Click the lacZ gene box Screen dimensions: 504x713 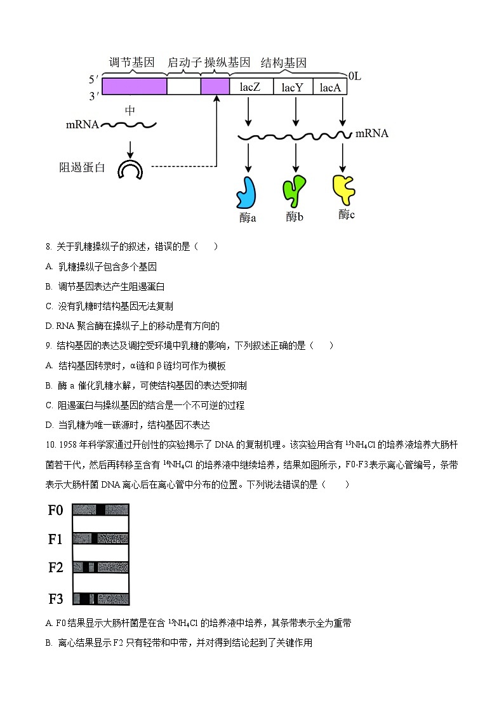pyautogui.click(x=250, y=87)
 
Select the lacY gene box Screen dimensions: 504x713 pyautogui.click(x=293, y=87)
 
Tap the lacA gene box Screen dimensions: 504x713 pyautogui.click(x=330, y=87)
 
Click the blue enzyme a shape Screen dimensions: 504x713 pyautogui.click(x=246, y=192)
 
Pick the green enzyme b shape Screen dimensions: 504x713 pyautogui.click(x=293, y=190)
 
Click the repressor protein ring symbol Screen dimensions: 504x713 pyautogui.click(x=131, y=169)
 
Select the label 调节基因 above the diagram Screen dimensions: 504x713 pyautogui.click(x=132, y=63)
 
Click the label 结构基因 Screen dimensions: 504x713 pyautogui.click(x=284, y=63)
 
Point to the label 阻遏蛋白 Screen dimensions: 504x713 pyautogui.click(x=83, y=168)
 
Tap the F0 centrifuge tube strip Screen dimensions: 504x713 pyautogui.click(x=101, y=510)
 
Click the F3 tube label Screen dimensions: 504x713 pyautogui.click(x=56, y=598)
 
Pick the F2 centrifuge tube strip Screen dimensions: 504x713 pyautogui.click(x=101, y=568)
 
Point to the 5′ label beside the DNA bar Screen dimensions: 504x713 pyautogui.click(x=93, y=79)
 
